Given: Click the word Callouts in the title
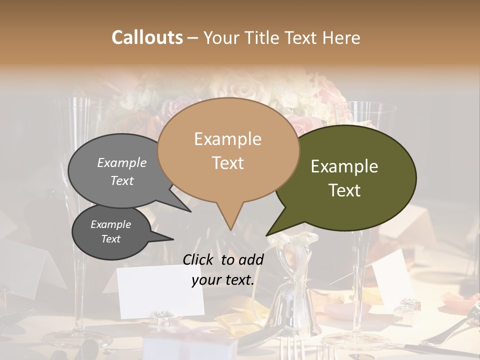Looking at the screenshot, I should tap(147, 37).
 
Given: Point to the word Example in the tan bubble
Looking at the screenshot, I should tap(227, 139).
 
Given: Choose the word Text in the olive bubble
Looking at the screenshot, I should tap(345, 190).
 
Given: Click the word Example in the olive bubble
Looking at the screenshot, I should tap(344, 166).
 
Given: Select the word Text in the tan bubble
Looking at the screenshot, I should tap(228, 163).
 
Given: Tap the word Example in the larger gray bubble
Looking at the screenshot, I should tap(122, 163).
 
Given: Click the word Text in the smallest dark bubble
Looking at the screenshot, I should tap(111, 239).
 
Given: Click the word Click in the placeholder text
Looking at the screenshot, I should tap(199, 259).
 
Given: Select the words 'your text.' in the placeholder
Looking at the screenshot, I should tap(223, 280).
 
